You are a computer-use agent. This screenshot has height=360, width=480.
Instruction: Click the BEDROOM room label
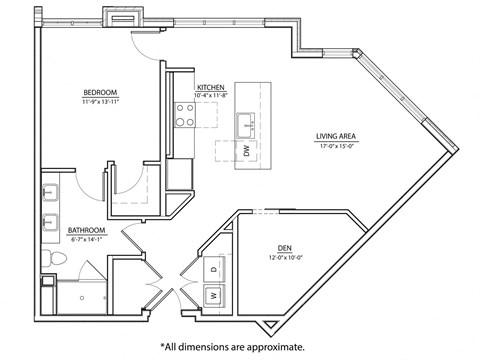[x=100, y=92]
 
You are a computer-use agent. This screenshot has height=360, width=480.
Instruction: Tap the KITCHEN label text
[x=210, y=87]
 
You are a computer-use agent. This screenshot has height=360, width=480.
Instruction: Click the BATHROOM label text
[x=87, y=229]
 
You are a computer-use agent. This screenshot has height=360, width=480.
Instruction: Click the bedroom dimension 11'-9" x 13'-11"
[x=100, y=101]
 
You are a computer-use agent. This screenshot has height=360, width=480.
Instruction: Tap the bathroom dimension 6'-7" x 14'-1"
[x=87, y=239]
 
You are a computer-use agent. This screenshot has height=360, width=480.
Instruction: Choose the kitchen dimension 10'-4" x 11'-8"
[x=211, y=96]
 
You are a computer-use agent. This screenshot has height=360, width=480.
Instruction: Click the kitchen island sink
[x=246, y=125]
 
